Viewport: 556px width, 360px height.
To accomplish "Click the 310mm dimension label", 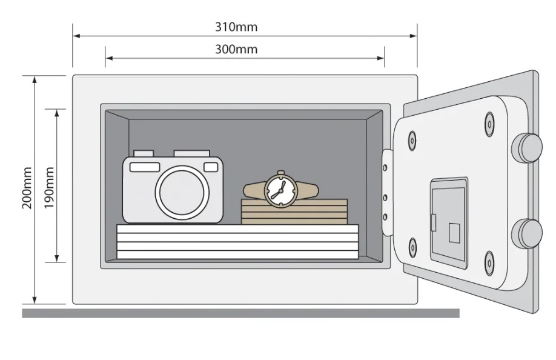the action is tap(236, 27).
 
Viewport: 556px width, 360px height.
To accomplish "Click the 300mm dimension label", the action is tap(236, 49).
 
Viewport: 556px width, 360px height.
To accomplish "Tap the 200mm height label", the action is tap(27, 188).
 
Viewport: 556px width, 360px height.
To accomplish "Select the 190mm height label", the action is tap(49, 188).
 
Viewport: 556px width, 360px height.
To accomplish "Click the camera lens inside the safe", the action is tap(182, 193).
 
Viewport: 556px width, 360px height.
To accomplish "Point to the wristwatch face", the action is tap(281, 190).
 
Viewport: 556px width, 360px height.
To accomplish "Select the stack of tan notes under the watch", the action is tap(294, 212).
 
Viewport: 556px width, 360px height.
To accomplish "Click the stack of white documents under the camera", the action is tap(237, 242).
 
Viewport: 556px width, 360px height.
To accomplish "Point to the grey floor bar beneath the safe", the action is tap(241, 313).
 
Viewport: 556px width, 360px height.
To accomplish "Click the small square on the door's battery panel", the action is tap(454, 233).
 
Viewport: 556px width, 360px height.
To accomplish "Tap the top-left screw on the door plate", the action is tap(412, 141).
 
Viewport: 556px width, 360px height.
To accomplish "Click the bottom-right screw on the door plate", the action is tap(489, 263).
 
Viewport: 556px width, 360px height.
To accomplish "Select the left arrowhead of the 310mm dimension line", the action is tap(76, 36).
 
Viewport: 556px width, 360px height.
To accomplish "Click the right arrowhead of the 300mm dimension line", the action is tap(380, 58).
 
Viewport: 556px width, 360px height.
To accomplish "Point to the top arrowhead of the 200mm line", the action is tap(35, 79).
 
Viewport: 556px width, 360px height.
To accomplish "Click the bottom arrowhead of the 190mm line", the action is tap(57, 259).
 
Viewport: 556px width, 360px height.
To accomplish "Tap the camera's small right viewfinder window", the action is tap(211, 167).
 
